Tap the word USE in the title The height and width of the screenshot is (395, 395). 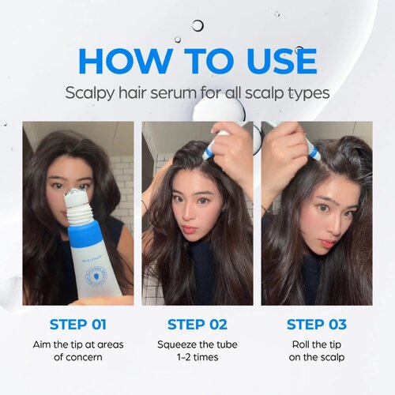point(275,62)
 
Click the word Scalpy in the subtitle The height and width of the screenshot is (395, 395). point(94,92)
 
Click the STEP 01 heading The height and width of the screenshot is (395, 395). point(77,325)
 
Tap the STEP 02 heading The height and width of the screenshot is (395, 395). point(197,325)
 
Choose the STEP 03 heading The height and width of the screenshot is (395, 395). point(316,325)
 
